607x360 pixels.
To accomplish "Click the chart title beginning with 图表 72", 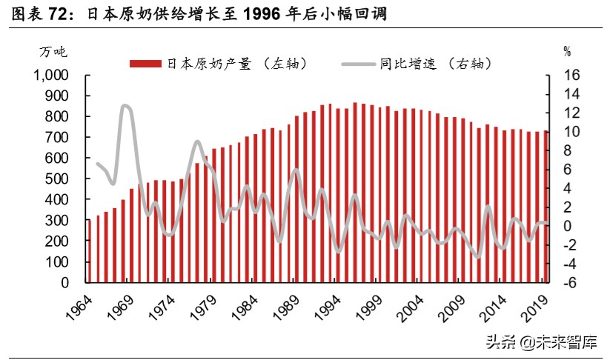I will coord(197,14).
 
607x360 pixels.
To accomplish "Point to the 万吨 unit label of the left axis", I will coord(53,51).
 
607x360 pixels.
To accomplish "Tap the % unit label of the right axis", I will coord(567,51).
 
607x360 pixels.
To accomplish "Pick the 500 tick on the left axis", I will coord(57,179).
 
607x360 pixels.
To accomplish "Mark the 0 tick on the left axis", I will coord(65,283).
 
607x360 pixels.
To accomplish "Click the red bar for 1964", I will coord(89,251).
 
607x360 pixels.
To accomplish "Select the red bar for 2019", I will coord(546,207).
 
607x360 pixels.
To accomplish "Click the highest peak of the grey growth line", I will coord(125,106).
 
